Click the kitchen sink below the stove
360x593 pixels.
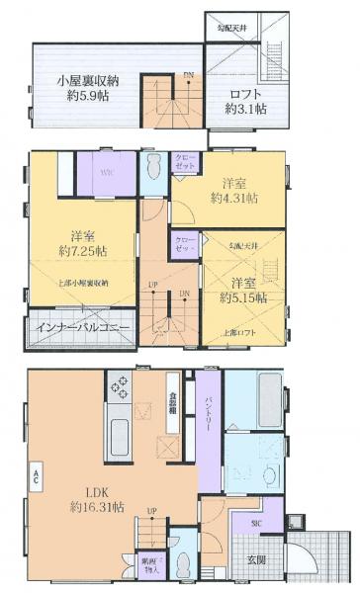coord(120,433)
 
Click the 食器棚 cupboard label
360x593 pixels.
coord(172,396)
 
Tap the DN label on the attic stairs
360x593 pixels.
coord(188,76)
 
